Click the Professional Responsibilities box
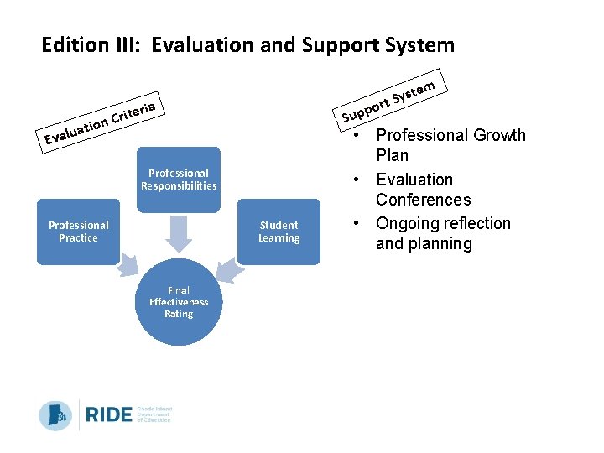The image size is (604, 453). click(179, 180)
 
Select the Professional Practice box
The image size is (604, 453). click(78, 232)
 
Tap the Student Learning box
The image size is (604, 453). click(279, 232)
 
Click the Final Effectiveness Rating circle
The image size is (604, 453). click(179, 302)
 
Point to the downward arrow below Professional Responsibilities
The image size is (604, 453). click(179, 232)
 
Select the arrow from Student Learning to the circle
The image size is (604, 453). click(228, 267)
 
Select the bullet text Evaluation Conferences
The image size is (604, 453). click(423, 190)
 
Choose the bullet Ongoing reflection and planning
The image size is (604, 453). click(442, 233)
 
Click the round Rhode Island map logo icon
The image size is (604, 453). click(55, 415)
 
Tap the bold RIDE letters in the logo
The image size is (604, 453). click(108, 414)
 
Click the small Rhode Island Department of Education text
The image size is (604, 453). click(154, 414)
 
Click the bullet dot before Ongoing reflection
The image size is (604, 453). click(357, 224)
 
